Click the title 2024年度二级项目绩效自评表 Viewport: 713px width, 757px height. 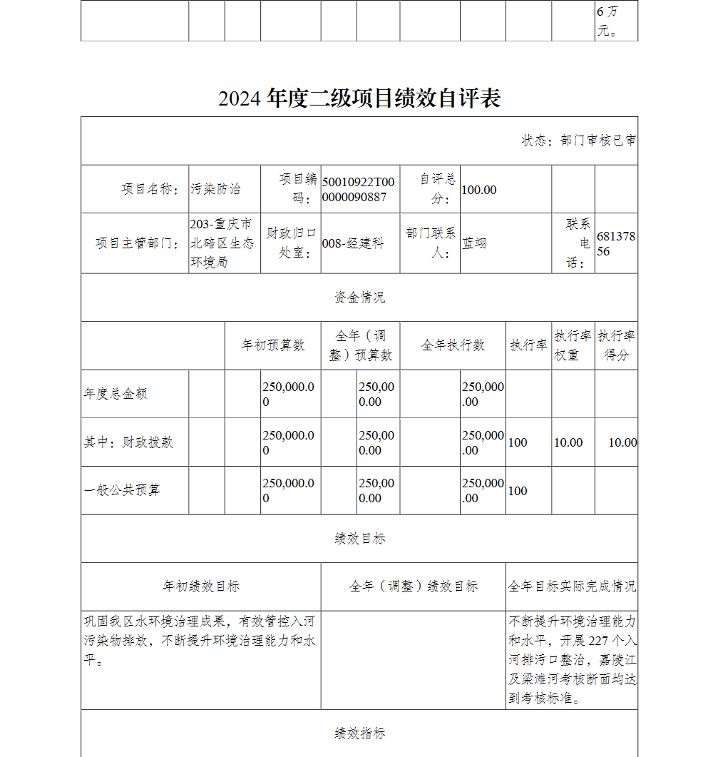pyautogui.click(x=359, y=98)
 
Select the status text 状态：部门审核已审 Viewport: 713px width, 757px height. pyautogui.click(x=579, y=141)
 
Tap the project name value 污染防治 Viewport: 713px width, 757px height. pyautogui.click(x=215, y=189)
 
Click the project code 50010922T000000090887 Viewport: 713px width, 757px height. pyautogui.click(x=358, y=189)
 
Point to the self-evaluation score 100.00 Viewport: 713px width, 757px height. pyautogui.click(x=479, y=190)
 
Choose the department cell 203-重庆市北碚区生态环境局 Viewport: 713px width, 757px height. pyautogui.click(x=222, y=243)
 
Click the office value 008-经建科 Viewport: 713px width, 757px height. pyautogui.click(x=353, y=243)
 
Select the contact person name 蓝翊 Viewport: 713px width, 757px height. pyautogui.click(x=474, y=243)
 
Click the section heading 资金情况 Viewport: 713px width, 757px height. pyautogui.click(x=359, y=298)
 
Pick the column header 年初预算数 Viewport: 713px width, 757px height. pyautogui.click(x=273, y=345)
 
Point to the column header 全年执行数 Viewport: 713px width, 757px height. pyautogui.click(x=453, y=345)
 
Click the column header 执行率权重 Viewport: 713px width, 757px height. pyautogui.click(x=573, y=345)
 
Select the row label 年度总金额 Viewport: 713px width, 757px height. pyautogui.click(x=116, y=394)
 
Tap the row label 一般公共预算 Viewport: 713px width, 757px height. pyautogui.click(x=122, y=490)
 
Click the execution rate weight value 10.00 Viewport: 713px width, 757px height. pyautogui.click(x=568, y=442)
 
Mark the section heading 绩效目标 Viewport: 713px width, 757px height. pyautogui.click(x=359, y=539)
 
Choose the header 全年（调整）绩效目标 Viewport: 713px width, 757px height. pyautogui.click(x=414, y=586)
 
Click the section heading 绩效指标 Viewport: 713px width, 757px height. pyautogui.click(x=359, y=733)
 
